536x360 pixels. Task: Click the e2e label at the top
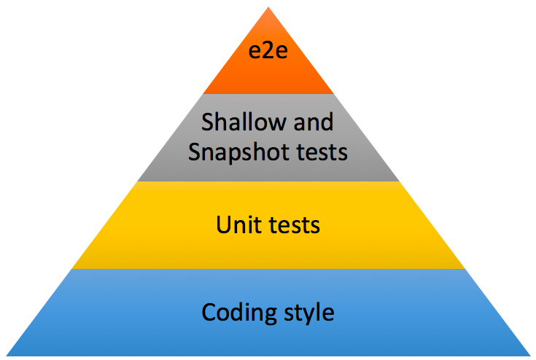(x=268, y=54)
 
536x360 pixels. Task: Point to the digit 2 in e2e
(x=268, y=54)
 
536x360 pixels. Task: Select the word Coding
(x=234, y=313)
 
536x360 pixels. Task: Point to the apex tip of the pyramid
(x=268, y=8)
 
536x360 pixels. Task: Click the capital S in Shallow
(x=208, y=121)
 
